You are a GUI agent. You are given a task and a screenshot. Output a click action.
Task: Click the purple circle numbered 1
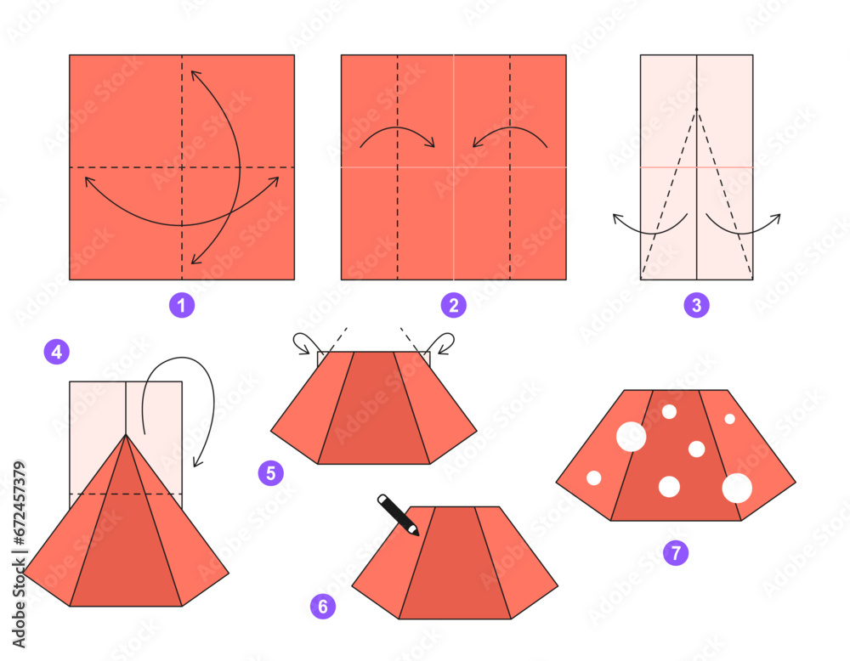pos(181,305)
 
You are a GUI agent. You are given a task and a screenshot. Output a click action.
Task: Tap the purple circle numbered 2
pos(453,305)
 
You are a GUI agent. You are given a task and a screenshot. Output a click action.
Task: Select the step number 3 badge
pos(696,305)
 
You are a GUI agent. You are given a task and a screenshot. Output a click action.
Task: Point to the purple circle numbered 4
pos(57,352)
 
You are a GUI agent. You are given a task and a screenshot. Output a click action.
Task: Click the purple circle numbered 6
pos(323,606)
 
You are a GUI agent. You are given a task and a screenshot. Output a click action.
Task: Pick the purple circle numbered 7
pos(676,552)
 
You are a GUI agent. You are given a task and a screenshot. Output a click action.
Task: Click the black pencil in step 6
pos(398,514)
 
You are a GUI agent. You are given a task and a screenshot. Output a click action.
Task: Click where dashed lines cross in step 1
pos(181,167)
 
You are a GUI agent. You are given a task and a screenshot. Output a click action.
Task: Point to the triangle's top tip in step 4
pos(126,435)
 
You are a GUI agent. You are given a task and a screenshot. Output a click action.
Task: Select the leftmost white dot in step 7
pos(594,478)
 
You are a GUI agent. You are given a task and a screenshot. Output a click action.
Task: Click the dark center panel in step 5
pos(374,408)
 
